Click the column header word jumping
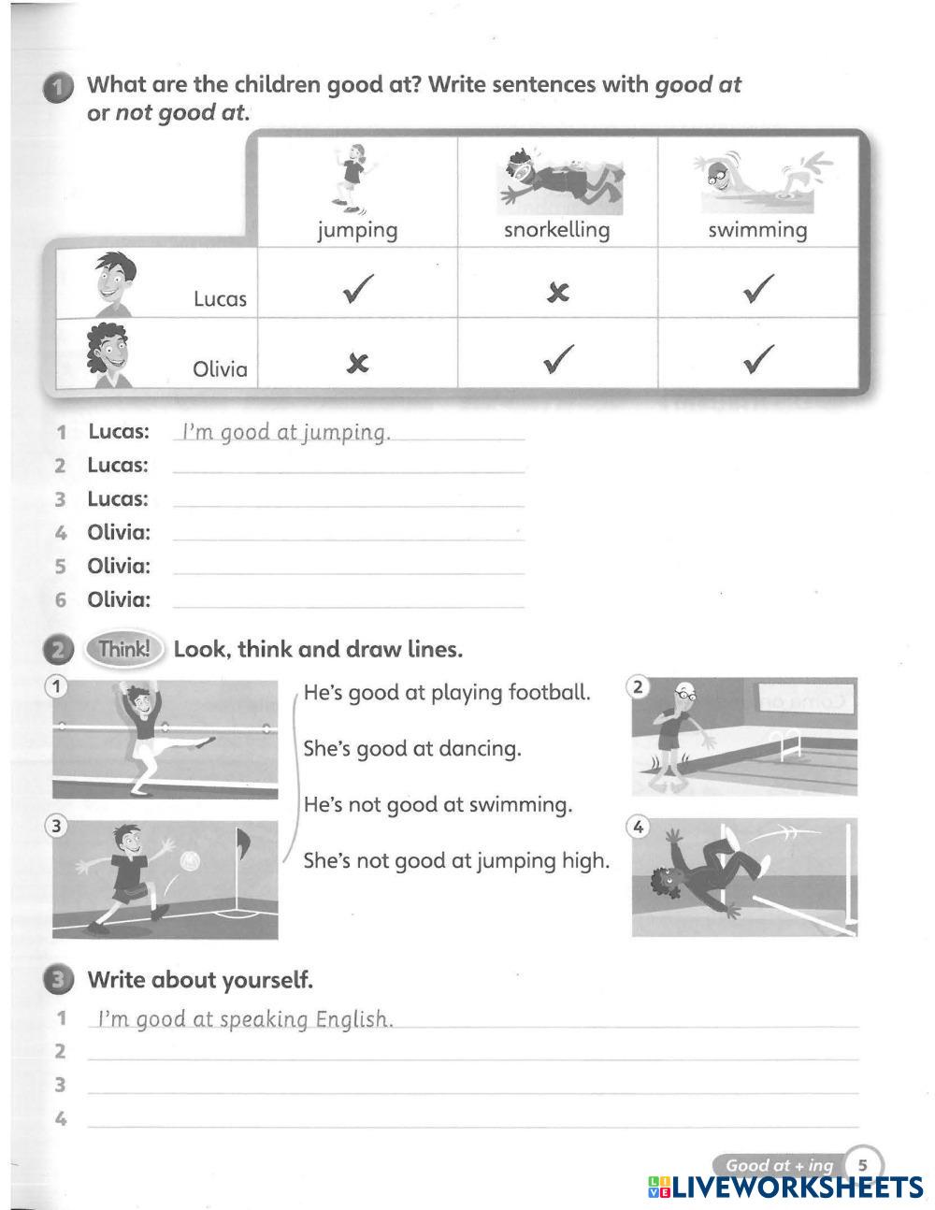pos(357,230)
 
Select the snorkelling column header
pos(556,230)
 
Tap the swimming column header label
pos(757,230)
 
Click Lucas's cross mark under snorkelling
pos(557,293)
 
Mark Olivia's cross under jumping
pos(357,364)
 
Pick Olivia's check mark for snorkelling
pos(558,358)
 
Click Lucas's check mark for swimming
pos(758,288)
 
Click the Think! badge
pos(123,649)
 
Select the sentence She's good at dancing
pos(412,749)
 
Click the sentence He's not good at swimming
pos(438,805)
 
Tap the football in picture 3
pos(190,859)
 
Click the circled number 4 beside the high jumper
pos(639,827)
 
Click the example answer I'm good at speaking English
pos(245,1019)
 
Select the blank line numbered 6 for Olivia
pos(349,600)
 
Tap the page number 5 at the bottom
pos(863,1165)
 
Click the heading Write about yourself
pos(199,980)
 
